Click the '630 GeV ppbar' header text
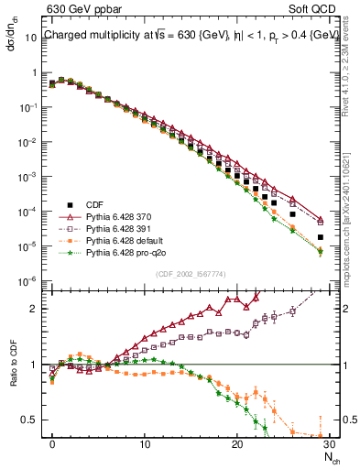click(x=79, y=10)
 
